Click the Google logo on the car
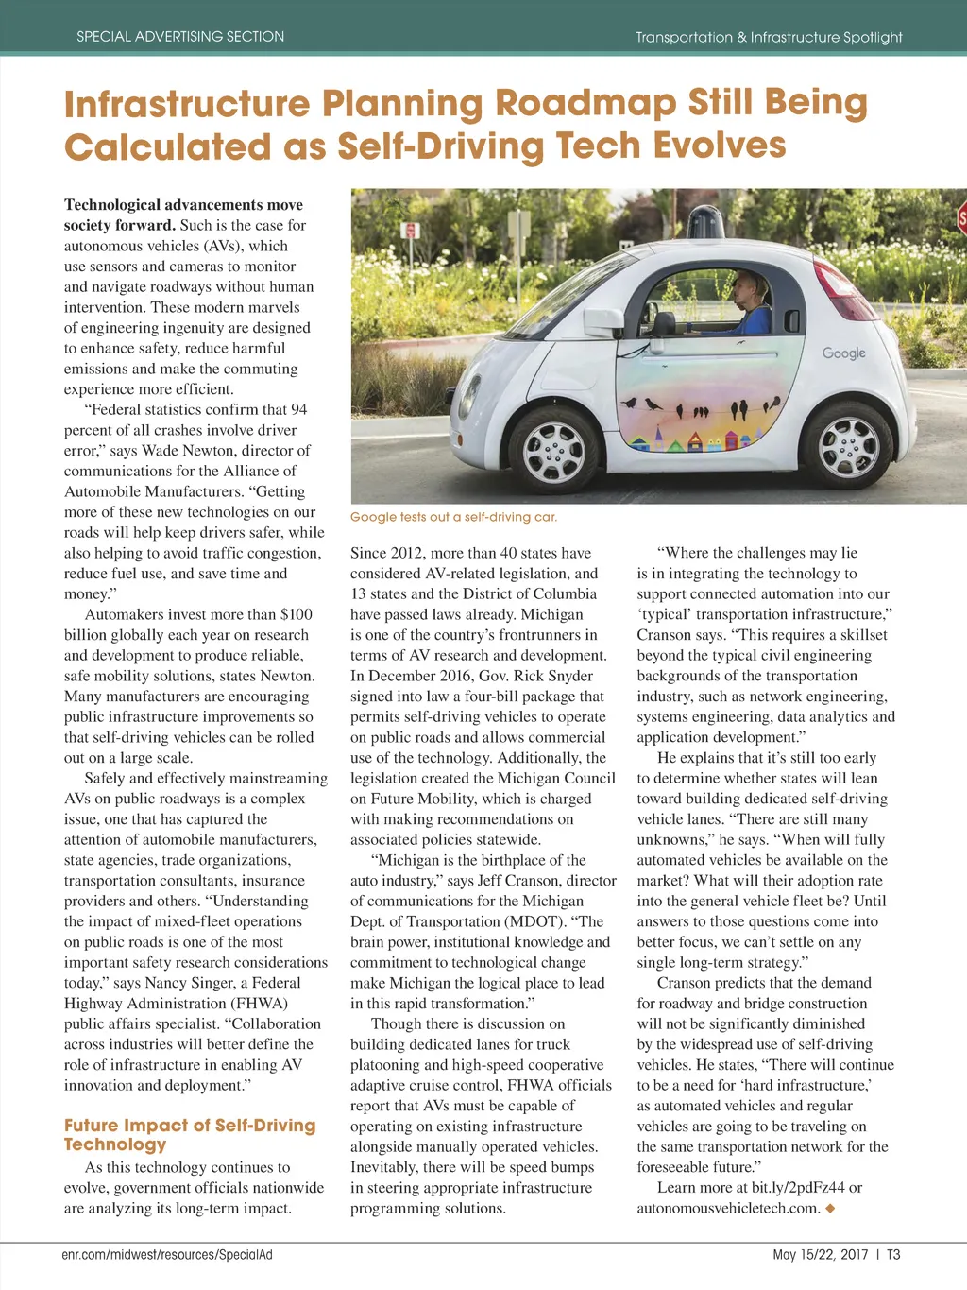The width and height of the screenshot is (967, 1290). [x=843, y=353]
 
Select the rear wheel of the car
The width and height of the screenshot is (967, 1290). [x=848, y=445]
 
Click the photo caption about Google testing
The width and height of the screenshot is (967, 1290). [x=453, y=517]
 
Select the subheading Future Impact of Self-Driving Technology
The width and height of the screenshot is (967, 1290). [x=189, y=1134]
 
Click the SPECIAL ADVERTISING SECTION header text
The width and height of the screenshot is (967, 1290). [x=180, y=37]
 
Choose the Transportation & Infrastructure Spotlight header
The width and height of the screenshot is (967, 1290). [x=769, y=37]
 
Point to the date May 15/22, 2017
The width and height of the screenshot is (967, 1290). [x=820, y=1255]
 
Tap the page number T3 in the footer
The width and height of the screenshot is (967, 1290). [x=893, y=1255]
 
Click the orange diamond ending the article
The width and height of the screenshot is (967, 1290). [x=830, y=1208]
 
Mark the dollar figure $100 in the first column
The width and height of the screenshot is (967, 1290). [x=297, y=614]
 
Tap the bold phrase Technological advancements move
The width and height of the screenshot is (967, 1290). [x=183, y=205]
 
